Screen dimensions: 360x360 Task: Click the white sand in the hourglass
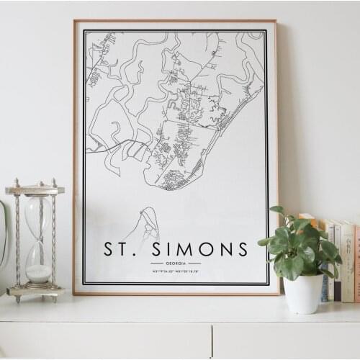click(x=38, y=273)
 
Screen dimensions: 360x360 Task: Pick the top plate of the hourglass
click(x=35, y=190)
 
